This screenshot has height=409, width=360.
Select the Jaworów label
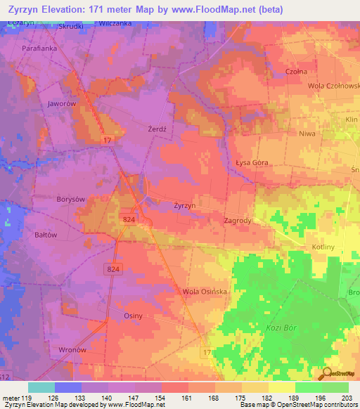[61, 103]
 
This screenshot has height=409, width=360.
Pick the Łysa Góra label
[252, 158]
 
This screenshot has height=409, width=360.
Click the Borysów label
[70, 199]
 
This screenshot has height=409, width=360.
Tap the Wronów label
[72, 349]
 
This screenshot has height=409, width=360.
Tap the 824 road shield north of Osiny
[113, 269]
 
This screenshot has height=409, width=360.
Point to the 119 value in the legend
[28, 398]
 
